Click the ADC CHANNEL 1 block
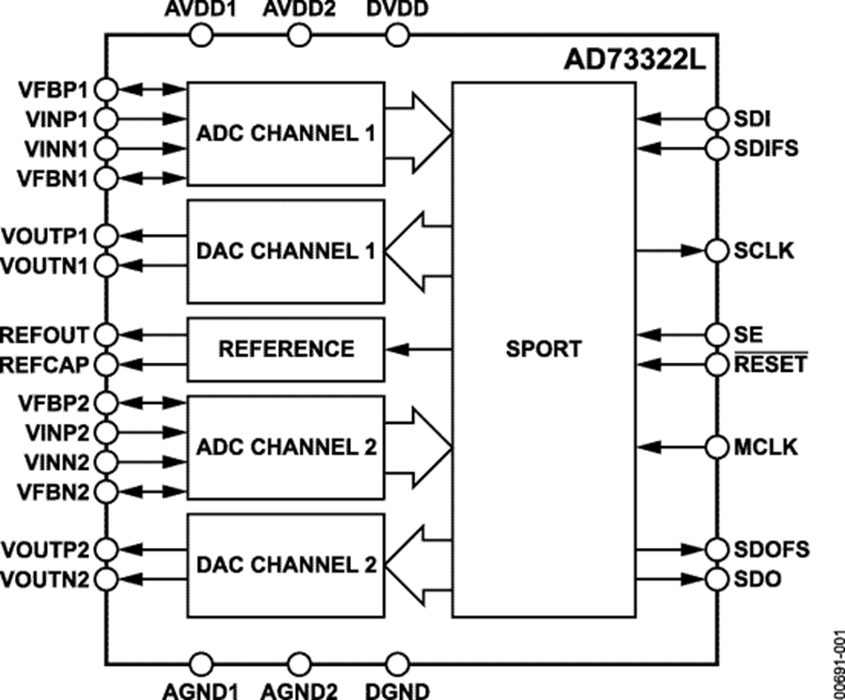(285, 132)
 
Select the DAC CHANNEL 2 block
(285, 566)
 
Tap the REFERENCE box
(285, 349)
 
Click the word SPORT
(543, 349)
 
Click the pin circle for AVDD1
(202, 35)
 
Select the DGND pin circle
(397, 664)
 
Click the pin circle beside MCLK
(716, 446)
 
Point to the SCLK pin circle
(716, 251)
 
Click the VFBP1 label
(52, 90)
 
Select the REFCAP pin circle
(106, 364)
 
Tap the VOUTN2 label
(45, 579)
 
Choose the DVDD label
(397, 10)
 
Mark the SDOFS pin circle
(716, 549)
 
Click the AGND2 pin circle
(300, 664)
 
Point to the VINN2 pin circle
(106, 461)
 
